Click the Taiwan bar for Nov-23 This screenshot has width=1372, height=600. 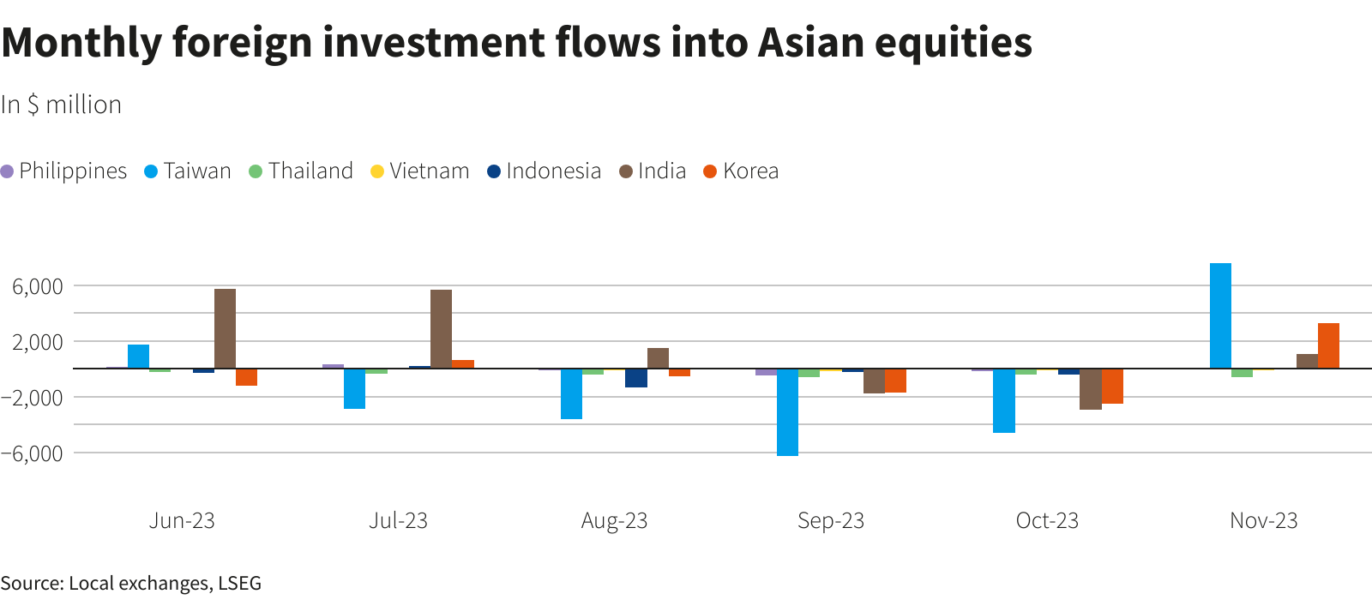coord(1220,315)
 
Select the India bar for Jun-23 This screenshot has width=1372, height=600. coord(225,328)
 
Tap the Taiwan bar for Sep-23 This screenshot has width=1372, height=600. coord(787,412)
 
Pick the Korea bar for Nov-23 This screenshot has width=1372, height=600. coord(1328,345)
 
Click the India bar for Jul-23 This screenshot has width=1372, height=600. coord(441,329)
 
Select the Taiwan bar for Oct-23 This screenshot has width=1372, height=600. coord(1003,400)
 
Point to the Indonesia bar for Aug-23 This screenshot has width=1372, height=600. coord(635,378)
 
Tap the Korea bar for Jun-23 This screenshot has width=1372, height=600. coord(246,377)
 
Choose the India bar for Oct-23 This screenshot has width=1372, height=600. coord(1090,389)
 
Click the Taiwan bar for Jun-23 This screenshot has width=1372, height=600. coord(138,357)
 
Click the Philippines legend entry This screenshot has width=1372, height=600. coord(64,171)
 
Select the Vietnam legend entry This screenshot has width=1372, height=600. coord(420,171)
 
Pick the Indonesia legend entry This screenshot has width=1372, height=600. coord(545,171)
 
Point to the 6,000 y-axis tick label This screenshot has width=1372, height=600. coord(38,286)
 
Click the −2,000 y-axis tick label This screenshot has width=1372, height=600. coord(33,398)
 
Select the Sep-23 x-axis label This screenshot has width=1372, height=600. coord(830,521)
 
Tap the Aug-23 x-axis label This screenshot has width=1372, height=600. coord(614,521)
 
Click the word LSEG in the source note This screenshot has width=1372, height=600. coord(239,584)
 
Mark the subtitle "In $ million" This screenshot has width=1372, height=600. coord(61,105)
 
